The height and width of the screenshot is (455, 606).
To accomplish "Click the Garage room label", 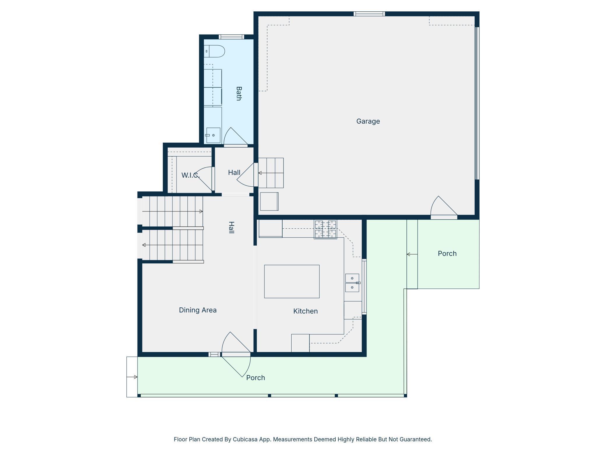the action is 368,121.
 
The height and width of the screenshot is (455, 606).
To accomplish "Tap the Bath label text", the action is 239,93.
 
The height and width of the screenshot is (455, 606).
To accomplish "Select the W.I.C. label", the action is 191,175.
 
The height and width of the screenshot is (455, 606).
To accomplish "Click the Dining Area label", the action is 198,310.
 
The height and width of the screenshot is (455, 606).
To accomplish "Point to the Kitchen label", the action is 305,311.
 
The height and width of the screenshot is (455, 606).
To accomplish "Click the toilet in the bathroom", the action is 214,51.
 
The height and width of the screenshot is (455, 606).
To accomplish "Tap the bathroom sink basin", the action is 213,135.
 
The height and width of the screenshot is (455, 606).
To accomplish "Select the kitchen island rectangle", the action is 292,281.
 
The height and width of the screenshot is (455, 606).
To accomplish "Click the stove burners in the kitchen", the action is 325,230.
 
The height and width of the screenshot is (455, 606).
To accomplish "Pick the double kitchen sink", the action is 352,283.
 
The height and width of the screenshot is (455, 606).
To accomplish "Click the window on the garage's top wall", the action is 369,14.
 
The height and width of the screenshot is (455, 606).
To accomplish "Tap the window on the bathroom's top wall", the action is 231,37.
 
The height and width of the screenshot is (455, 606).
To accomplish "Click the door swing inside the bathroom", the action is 235,136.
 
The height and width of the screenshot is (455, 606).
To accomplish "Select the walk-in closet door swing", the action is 205,178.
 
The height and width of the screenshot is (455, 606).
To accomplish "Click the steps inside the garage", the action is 271,173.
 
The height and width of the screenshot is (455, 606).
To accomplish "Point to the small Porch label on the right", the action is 447,253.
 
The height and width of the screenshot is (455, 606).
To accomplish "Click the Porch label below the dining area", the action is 256,378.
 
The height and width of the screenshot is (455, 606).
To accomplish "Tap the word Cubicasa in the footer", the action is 245,439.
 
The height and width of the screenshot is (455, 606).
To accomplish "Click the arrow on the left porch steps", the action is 132,377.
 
